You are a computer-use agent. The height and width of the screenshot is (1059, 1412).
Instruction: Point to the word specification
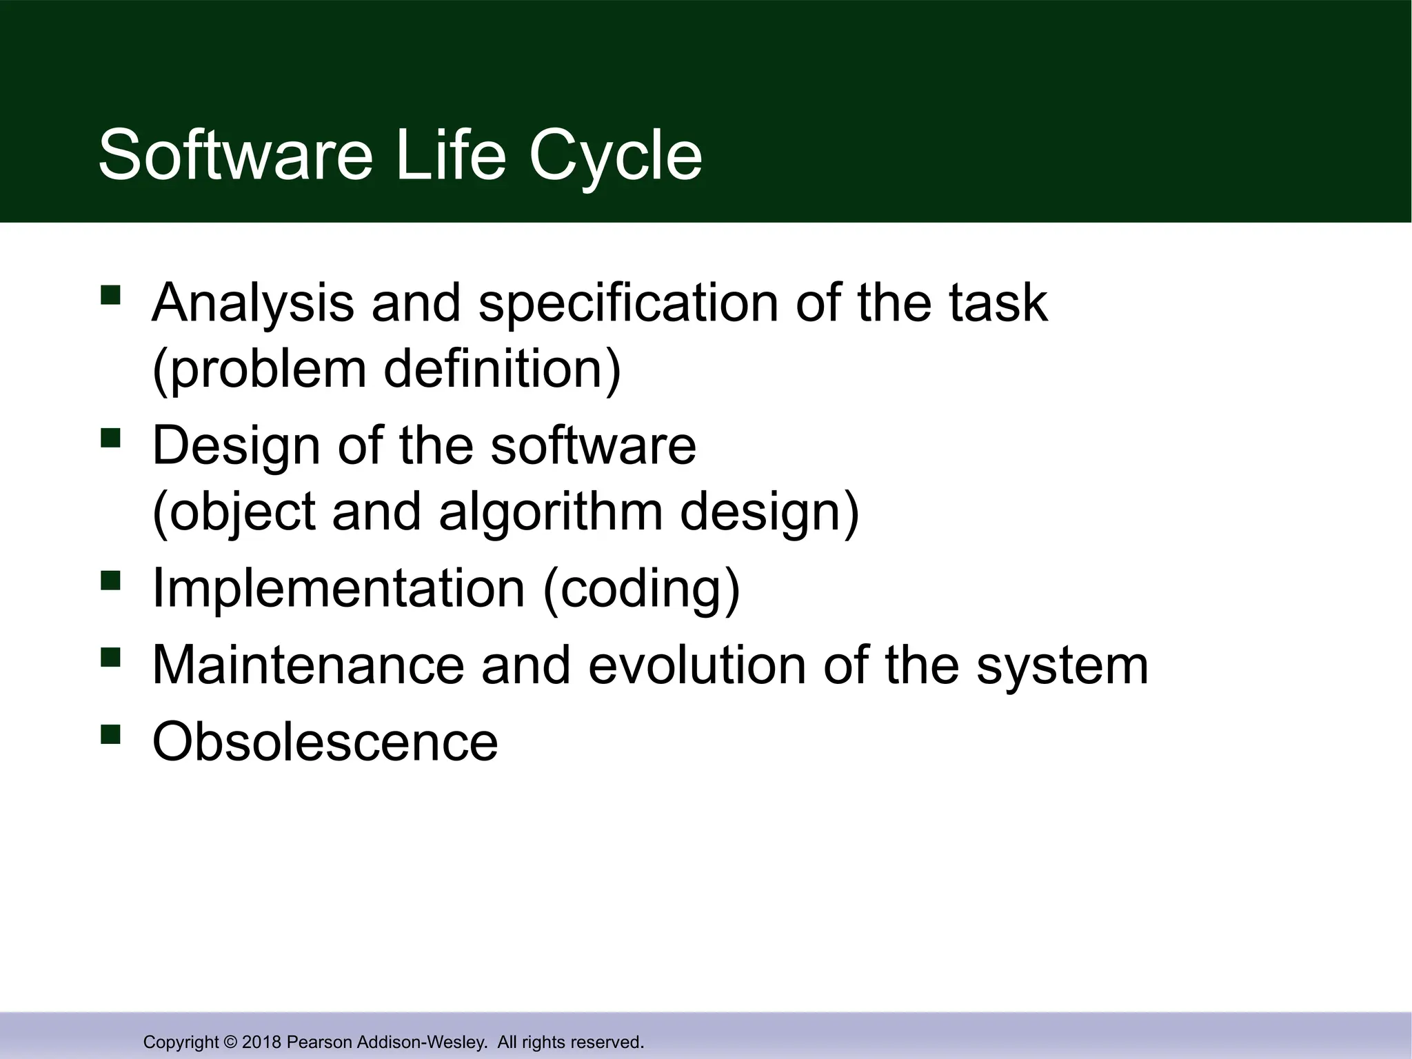pyautogui.click(x=627, y=303)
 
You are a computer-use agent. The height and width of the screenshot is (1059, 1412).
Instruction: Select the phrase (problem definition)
pyautogui.click(x=386, y=369)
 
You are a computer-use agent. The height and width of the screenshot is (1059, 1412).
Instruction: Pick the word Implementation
pyautogui.click(x=339, y=588)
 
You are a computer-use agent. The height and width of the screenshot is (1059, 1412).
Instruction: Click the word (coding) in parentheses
pyautogui.click(x=641, y=588)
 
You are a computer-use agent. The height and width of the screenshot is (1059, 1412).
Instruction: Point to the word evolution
pyautogui.click(x=697, y=665)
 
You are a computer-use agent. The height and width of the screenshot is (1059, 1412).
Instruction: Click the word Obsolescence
pyautogui.click(x=325, y=741)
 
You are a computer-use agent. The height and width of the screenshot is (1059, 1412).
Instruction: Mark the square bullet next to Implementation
pyautogui.click(x=110, y=581)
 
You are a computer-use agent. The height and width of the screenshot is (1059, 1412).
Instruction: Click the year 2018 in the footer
pyautogui.click(x=262, y=1042)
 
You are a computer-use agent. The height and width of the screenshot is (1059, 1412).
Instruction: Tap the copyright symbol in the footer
pyautogui.click(x=230, y=1042)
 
